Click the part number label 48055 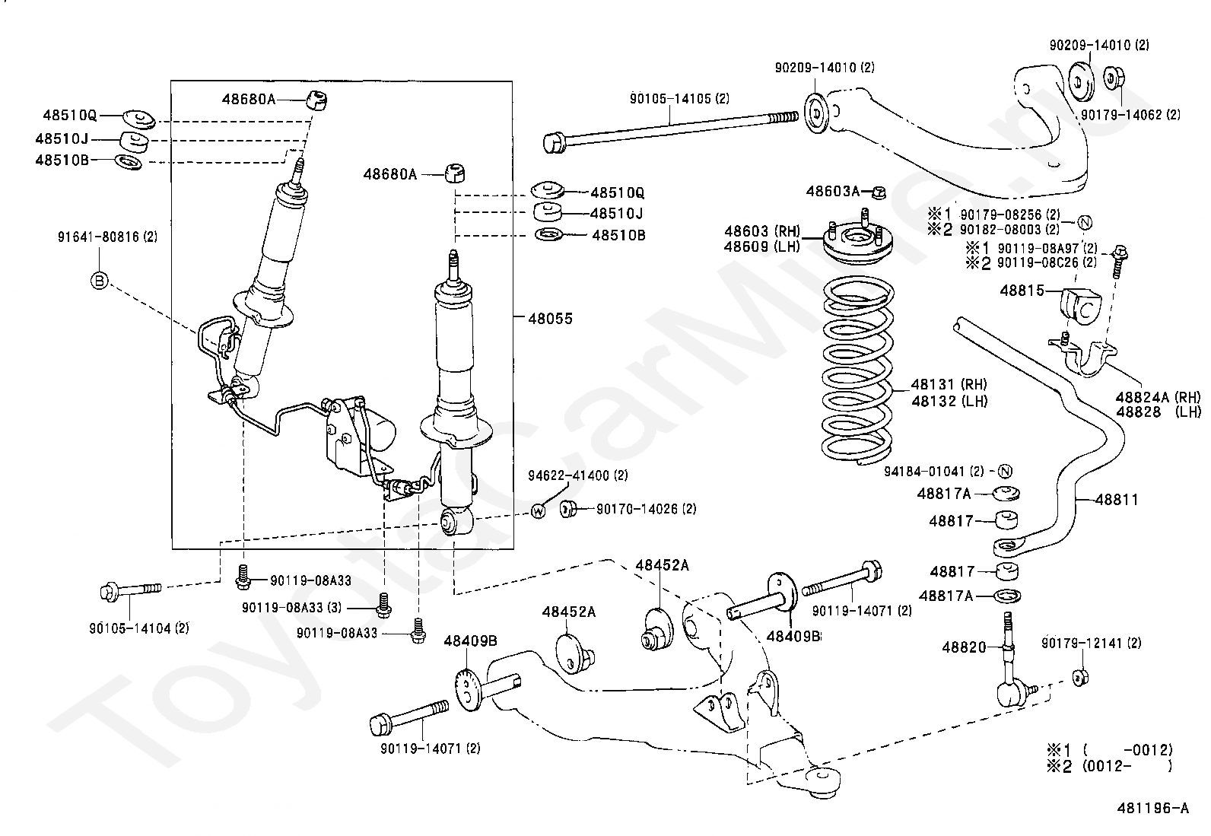pyautogui.click(x=550, y=319)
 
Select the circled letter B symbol pyautogui.click(x=99, y=281)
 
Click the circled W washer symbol pyautogui.click(x=538, y=510)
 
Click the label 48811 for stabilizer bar pyautogui.click(x=1117, y=500)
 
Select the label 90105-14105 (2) pyautogui.click(x=679, y=99)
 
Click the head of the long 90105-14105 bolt pyautogui.click(x=555, y=142)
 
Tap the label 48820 pyautogui.click(x=964, y=647)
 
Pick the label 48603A pyautogui.click(x=832, y=191)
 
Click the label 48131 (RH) pyautogui.click(x=949, y=386)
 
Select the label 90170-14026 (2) pyautogui.click(x=646, y=509)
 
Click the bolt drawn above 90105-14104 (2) pyautogui.click(x=130, y=590)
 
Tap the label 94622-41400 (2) pyautogui.click(x=578, y=475)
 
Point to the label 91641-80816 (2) pyautogui.click(x=107, y=237)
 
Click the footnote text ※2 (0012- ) pyautogui.click(x=1108, y=766)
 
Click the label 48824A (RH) pyautogui.click(x=1158, y=396)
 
